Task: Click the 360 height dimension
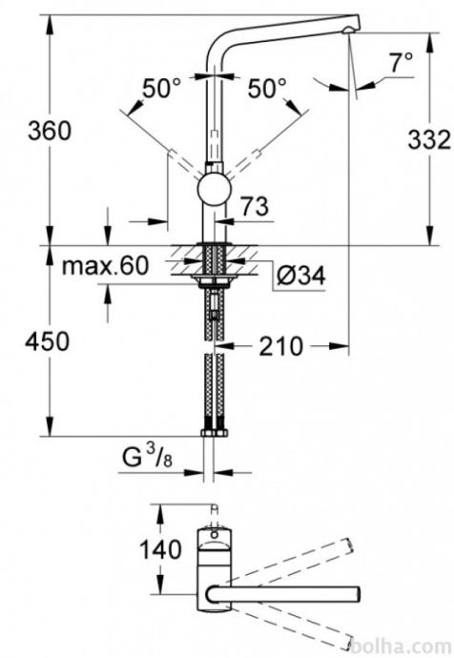50,131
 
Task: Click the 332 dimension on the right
429,139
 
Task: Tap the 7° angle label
402,63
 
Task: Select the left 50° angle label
162,89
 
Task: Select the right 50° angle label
267,89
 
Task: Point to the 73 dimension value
255,206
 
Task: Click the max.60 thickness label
105,265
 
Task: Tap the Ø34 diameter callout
300,276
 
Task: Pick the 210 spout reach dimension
280,346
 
